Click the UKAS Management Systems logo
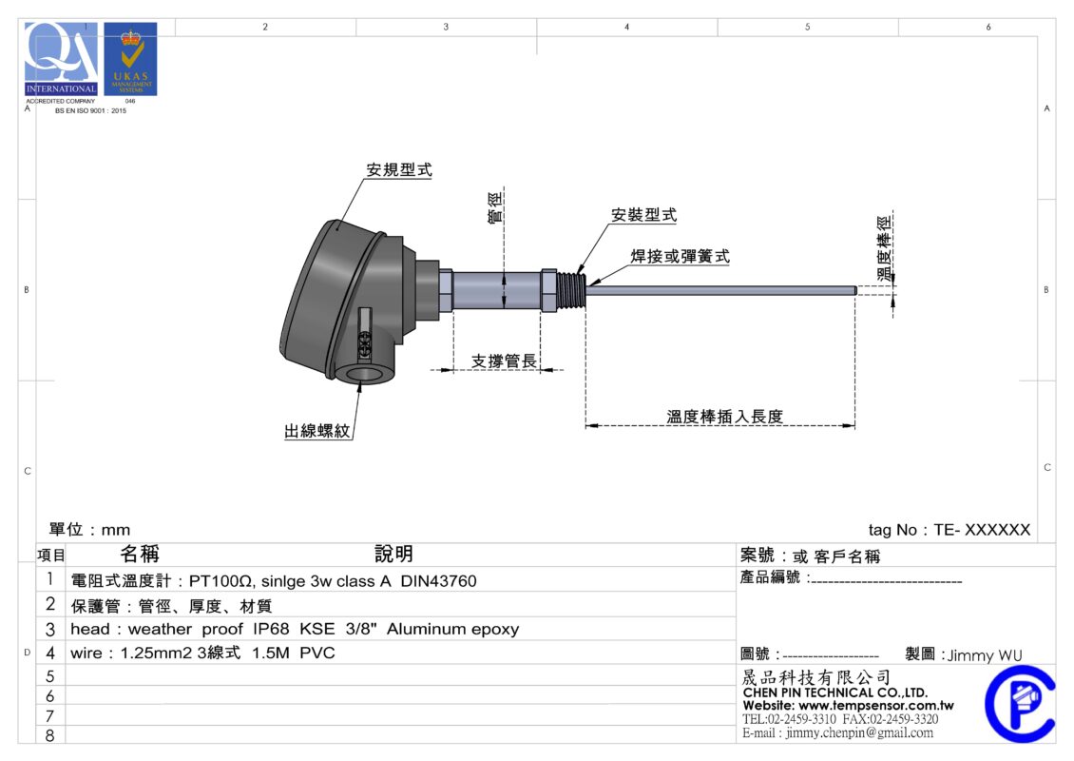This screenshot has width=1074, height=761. point(130,59)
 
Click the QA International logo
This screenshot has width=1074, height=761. point(62,59)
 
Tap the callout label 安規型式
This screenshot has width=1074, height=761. point(399,170)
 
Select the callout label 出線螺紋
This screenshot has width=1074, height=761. point(318,432)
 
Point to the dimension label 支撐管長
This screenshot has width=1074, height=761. point(505,361)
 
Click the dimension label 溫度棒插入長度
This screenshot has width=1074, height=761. point(724,417)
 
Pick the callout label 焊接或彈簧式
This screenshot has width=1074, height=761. point(681,257)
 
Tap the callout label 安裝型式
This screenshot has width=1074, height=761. point(643,216)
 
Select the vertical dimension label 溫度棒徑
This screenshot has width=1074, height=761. point(886,244)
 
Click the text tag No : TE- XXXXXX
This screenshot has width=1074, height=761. point(949,531)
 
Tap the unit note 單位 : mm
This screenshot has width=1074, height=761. point(89,530)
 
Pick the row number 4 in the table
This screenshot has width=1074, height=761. point(50,654)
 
